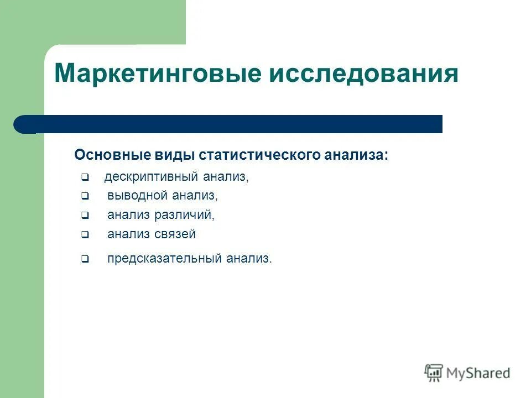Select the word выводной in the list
pyautogui.click(x=137, y=196)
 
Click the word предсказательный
pyautogui.click(x=164, y=258)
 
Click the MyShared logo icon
pyautogui.click(x=434, y=373)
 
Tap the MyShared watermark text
pyautogui.click(x=478, y=373)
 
